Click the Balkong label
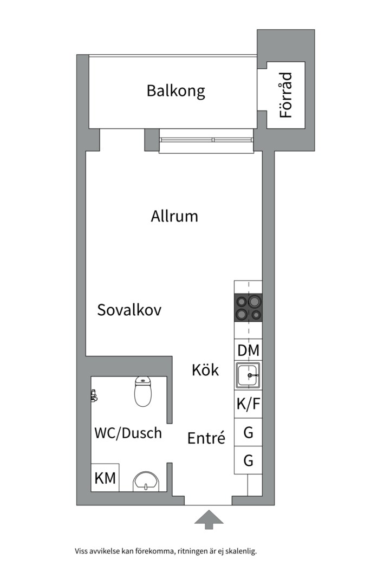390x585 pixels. [x=175, y=90]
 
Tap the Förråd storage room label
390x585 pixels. [x=286, y=95]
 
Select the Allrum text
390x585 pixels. [x=174, y=217]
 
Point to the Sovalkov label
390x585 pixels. [x=129, y=310]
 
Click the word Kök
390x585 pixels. [x=205, y=370]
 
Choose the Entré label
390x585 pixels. [x=206, y=438]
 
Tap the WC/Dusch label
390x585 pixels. [x=128, y=433]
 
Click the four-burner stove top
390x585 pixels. [x=248, y=308]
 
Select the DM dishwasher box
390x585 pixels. [x=248, y=350]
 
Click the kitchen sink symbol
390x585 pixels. [x=248, y=375]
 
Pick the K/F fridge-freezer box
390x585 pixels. [x=248, y=404]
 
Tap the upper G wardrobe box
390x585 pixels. [x=248, y=433]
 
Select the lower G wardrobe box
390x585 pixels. [x=248, y=460]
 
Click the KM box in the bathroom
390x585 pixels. [x=105, y=478]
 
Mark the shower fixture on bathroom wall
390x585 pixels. [x=94, y=395]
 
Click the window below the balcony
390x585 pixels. [x=206, y=140]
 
